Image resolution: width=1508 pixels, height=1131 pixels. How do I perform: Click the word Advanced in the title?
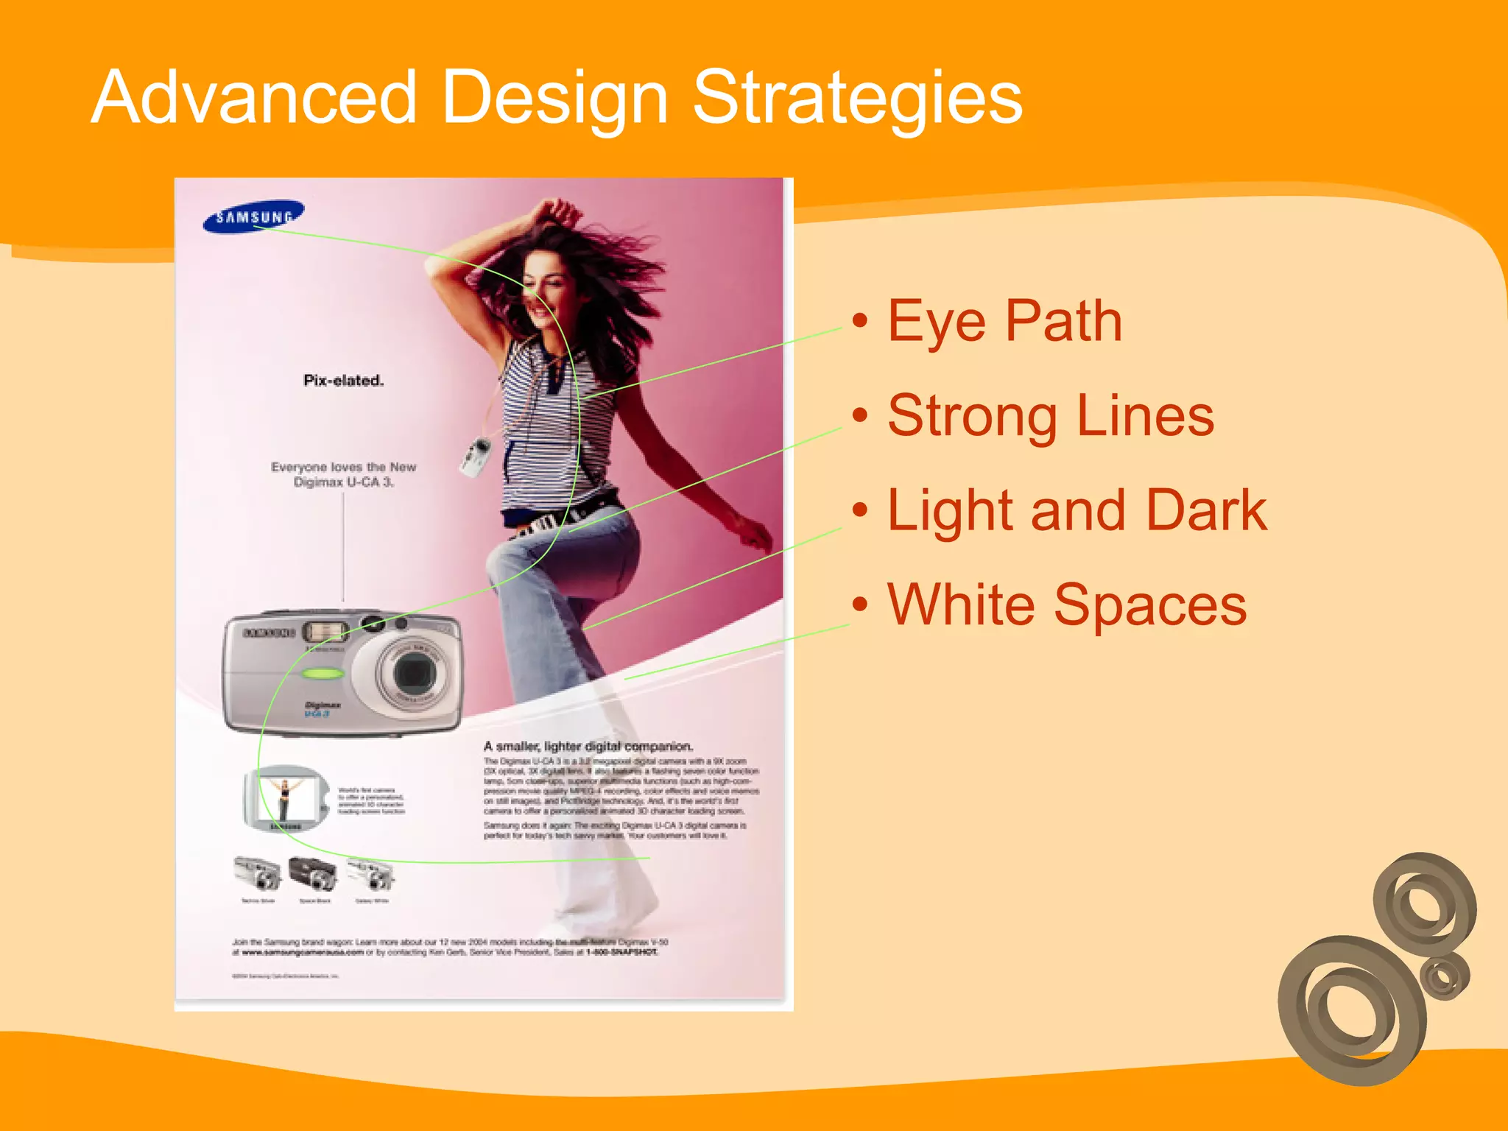[254, 97]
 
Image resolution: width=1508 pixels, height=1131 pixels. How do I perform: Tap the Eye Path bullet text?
[1004, 321]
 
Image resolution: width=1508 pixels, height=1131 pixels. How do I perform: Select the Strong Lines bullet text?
[1050, 416]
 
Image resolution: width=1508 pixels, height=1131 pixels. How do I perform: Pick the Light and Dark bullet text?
[1077, 510]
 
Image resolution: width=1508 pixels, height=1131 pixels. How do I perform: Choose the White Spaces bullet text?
[1067, 605]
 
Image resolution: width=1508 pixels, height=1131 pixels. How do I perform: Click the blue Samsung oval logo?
[253, 216]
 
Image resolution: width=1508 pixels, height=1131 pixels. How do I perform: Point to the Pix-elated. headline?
[343, 381]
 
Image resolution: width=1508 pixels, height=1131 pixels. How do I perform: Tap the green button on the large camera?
[323, 673]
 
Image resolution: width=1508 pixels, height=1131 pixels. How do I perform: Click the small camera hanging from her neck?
[476, 456]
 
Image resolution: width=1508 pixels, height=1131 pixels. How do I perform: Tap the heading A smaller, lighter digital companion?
[588, 746]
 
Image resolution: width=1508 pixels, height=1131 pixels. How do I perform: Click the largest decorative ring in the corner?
[1352, 1010]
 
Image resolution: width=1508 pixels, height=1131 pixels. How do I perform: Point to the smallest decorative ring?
[1445, 976]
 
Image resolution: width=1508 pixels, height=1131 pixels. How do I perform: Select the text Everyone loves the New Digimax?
[343, 474]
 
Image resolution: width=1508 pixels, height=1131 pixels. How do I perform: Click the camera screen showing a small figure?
[286, 797]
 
